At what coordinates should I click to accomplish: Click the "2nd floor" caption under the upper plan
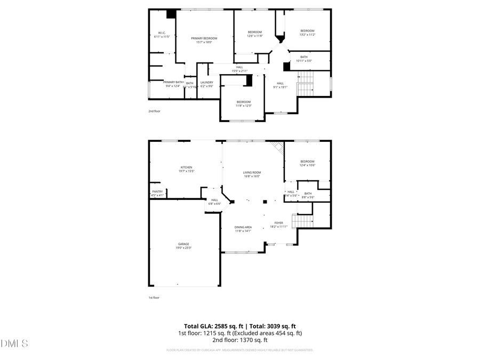pyautogui.click(x=154, y=111)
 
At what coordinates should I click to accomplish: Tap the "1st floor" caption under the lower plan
pyautogui.click(x=154, y=298)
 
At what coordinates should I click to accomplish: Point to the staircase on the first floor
pyautogui.click(x=302, y=220)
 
